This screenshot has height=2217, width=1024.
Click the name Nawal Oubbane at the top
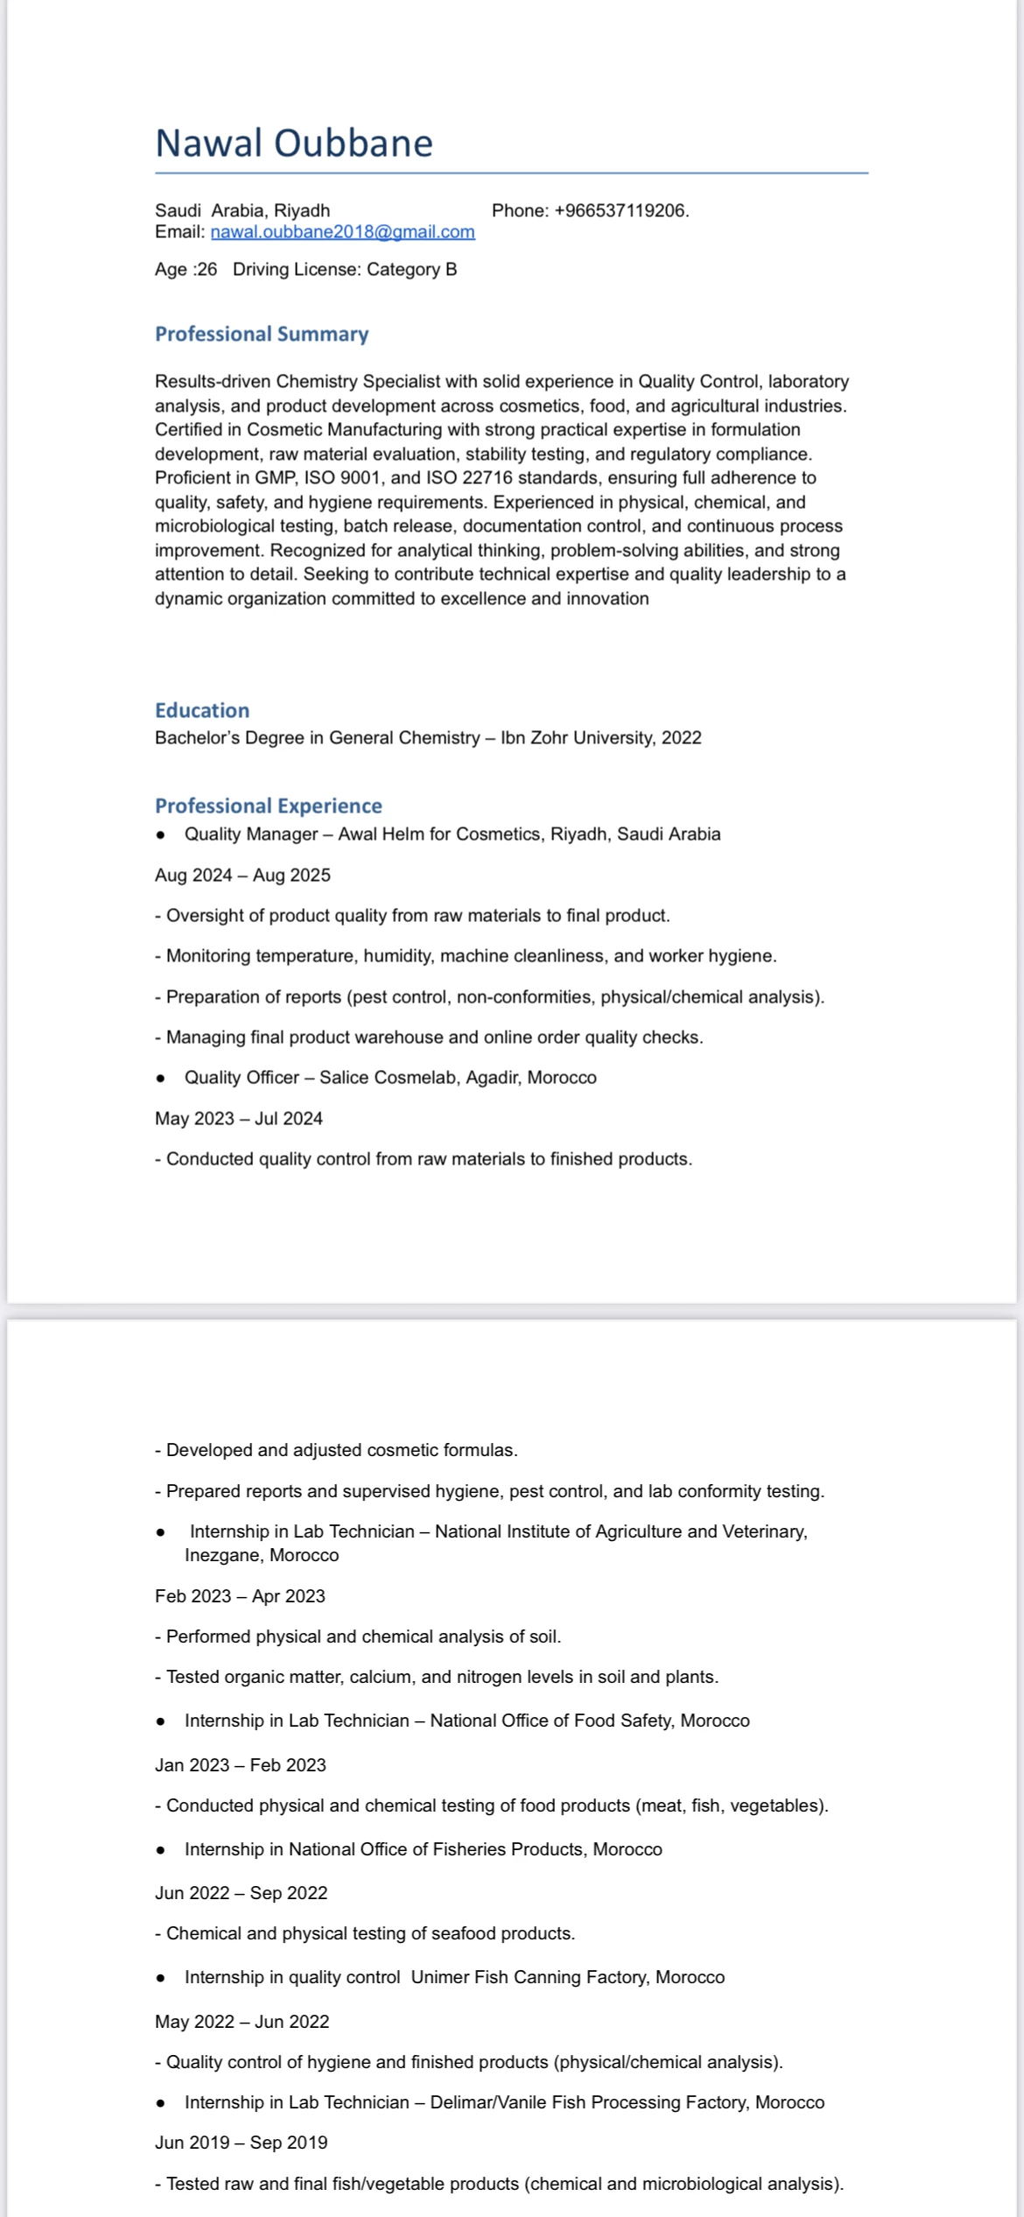(x=293, y=144)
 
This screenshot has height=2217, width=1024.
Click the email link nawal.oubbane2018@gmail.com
(x=342, y=232)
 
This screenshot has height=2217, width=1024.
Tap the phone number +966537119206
(x=621, y=211)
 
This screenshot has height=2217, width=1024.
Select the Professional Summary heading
(x=262, y=334)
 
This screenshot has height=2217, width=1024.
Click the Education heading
(x=202, y=710)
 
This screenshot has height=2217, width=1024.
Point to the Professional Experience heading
(x=269, y=806)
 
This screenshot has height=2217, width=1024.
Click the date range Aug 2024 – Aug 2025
(x=242, y=876)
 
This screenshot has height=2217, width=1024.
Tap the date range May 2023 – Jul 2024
(x=239, y=1119)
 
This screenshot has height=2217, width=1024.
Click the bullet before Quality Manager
(x=160, y=835)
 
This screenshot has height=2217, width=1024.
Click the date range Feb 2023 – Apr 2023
(x=240, y=1596)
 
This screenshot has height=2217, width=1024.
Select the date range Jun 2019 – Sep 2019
(x=242, y=2143)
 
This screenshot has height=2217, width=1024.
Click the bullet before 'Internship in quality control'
(x=160, y=1978)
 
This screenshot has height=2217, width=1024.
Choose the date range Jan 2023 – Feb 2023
(x=241, y=1765)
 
